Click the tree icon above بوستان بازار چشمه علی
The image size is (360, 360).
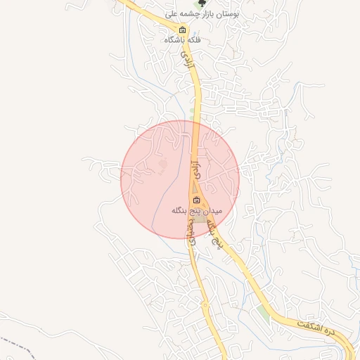tap(205, 4)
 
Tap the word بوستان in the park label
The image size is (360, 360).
tap(227, 13)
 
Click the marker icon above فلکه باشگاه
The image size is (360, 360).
tap(183, 30)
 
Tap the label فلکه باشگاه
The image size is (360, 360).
tap(183, 40)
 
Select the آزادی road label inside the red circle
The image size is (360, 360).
tap(196, 168)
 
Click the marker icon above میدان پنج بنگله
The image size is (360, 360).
tap(196, 200)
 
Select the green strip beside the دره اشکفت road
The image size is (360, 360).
tap(263, 311)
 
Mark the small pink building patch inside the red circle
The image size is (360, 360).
tap(164, 165)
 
